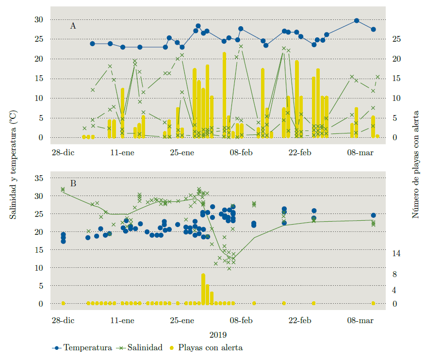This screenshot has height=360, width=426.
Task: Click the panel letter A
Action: (x=73, y=26)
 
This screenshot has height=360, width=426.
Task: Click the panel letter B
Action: (x=73, y=183)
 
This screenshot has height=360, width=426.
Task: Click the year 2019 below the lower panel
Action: (x=218, y=334)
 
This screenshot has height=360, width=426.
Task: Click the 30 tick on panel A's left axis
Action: (x=38, y=19)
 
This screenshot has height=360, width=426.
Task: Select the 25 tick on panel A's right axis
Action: (x=396, y=39)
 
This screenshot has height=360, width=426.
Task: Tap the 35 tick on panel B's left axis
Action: (x=38, y=178)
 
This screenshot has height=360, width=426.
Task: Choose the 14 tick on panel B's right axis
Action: (x=396, y=253)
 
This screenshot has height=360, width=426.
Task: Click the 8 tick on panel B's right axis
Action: (x=394, y=275)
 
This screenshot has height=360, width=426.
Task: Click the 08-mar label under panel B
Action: (x=360, y=320)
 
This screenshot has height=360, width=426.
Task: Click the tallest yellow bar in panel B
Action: (x=203, y=289)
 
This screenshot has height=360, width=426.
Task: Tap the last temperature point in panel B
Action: (x=374, y=215)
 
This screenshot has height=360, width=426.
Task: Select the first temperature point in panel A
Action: (x=93, y=44)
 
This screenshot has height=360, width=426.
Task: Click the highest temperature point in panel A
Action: (x=357, y=20)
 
